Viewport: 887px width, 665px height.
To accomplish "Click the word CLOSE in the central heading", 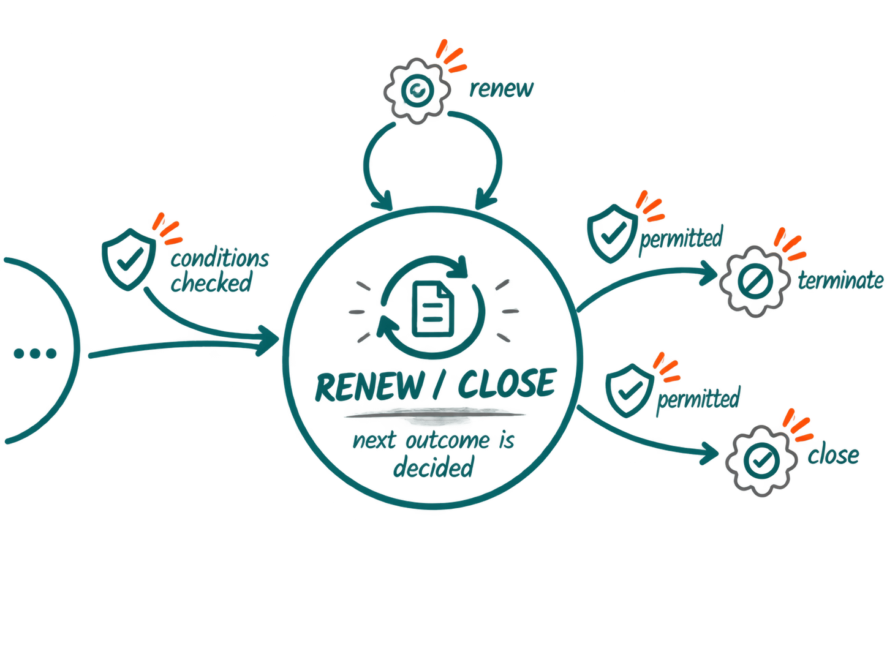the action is (x=508, y=383).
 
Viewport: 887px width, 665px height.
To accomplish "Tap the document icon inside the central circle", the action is (x=433, y=309).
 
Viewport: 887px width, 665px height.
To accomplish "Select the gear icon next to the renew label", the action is (x=417, y=91).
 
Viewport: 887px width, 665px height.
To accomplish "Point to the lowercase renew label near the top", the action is (x=502, y=88).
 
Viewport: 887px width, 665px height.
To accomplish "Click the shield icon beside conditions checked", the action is (x=129, y=259).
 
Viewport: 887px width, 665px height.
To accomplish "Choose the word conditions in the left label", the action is (x=220, y=258).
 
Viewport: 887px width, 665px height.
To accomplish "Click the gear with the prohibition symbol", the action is (x=755, y=282).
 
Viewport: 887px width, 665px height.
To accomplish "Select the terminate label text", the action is (x=841, y=280).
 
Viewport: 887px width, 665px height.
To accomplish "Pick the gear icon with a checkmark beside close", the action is (x=761, y=460).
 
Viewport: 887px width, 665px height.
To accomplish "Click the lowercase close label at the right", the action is (x=834, y=456).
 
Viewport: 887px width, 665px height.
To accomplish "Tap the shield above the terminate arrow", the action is (x=612, y=234).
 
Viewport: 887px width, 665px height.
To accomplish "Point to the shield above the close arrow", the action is (x=630, y=391).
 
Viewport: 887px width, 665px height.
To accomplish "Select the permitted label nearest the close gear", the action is (x=699, y=399).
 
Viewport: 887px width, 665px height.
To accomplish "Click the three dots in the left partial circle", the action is (x=35, y=353).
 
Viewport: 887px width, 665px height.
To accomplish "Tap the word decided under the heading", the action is (x=433, y=468).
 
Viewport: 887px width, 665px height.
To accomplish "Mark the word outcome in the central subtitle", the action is (x=448, y=440).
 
